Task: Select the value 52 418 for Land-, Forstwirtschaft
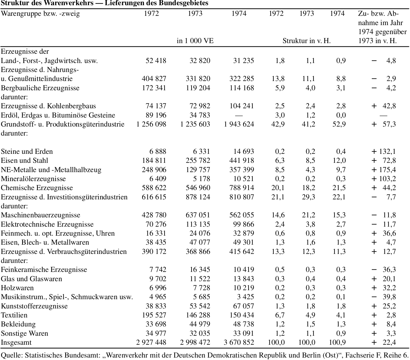point(156,61)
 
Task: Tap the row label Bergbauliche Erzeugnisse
point(40,88)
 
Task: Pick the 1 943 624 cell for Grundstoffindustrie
point(239,124)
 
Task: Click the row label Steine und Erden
point(27,151)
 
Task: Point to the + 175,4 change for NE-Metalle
point(384,170)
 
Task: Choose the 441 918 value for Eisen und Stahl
point(242,160)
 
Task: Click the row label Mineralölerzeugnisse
point(33,179)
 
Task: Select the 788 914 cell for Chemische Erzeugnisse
point(242,188)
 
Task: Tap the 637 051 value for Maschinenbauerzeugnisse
point(198,215)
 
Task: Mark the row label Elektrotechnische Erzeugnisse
point(47,224)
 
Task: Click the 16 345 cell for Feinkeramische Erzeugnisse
point(200,269)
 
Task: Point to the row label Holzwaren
point(17,288)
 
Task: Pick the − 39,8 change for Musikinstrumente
point(384,297)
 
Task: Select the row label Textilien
point(14,315)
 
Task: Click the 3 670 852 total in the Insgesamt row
point(239,342)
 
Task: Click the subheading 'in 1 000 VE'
point(195,41)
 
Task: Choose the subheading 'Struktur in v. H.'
point(307,41)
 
